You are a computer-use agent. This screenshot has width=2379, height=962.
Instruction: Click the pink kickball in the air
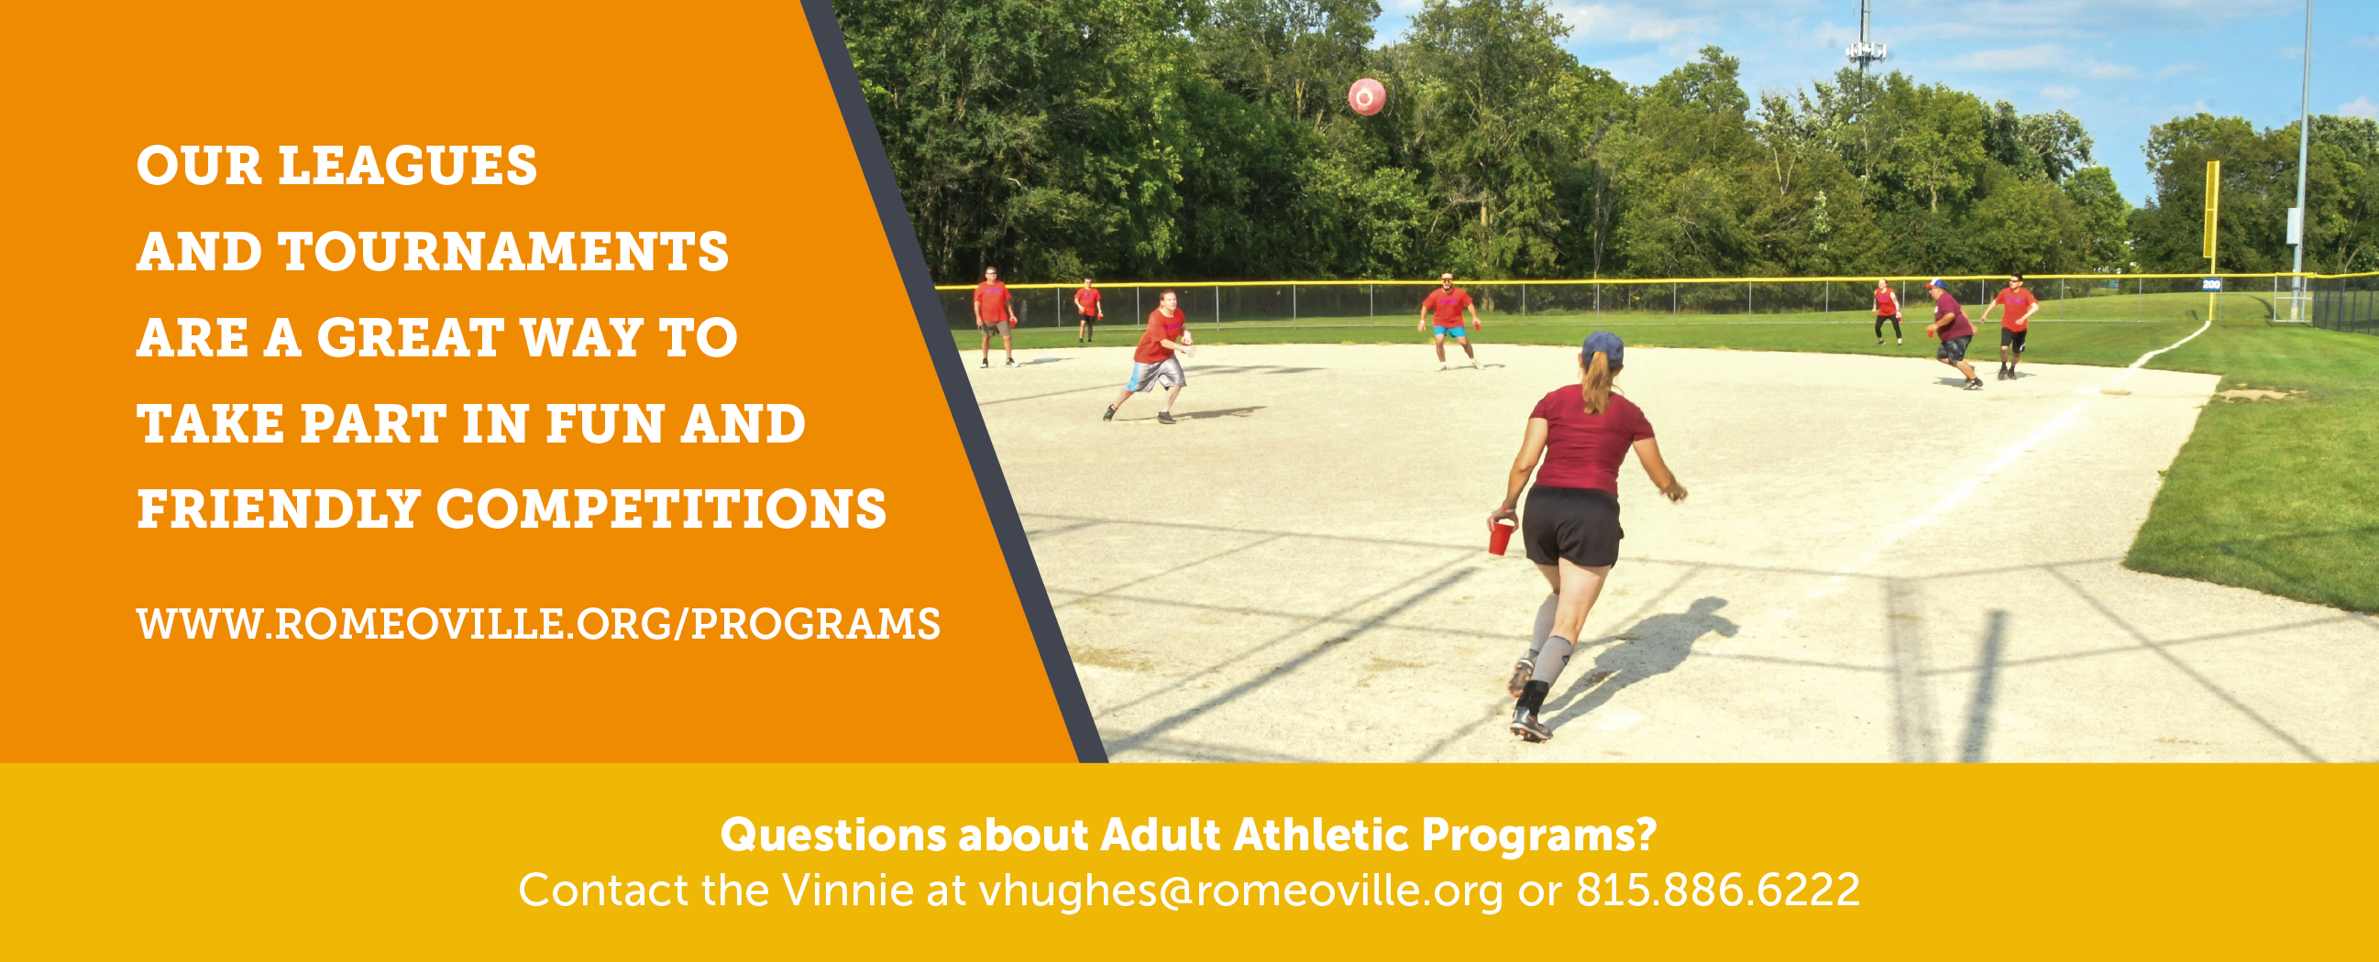pos(1367,97)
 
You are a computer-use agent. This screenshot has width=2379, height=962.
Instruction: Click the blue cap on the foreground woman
pos(1603,349)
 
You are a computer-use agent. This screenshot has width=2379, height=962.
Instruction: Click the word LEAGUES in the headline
pos(407,166)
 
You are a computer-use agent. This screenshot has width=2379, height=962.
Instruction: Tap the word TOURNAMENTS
pos(503,252)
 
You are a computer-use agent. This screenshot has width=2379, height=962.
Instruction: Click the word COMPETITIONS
pos(661,509)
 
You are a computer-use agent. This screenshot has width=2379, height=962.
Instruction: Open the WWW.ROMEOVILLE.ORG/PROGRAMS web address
pos(538,624)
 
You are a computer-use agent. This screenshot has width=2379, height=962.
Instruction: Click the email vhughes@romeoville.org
pos(1240,891)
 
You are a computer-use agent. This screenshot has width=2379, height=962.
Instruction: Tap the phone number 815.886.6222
pos(1718,891)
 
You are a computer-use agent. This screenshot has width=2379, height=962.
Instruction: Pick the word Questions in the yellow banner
pos(833,836)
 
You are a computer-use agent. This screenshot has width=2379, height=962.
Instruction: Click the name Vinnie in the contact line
pos(848,891)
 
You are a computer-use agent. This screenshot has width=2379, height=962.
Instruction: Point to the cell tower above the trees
pos(1865,46)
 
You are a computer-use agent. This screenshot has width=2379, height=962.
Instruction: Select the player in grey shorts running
pos(1154,355)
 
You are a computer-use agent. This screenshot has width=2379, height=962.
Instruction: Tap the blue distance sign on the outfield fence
pos(2211,284)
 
